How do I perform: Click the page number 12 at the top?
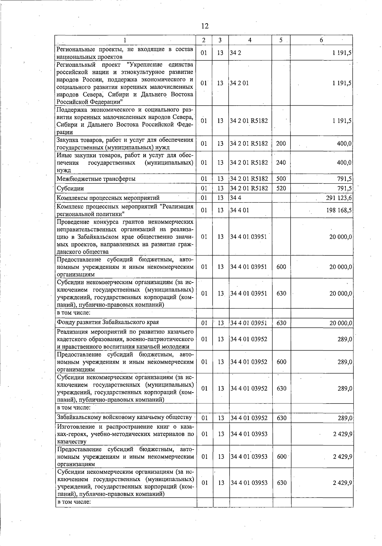click(205, 26)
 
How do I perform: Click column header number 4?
click(250, 40)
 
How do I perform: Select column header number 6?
click(321, 40)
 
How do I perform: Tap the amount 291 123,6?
click(339, 198)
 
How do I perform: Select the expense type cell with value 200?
click(281, 143)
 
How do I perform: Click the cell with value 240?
click(281, 163)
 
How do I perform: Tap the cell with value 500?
click(281, 179)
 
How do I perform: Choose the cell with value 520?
click(281, 188)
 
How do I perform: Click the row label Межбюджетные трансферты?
click(96, 179)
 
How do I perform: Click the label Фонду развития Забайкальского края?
click(108, 322)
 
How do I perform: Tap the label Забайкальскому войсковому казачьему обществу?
click(124, 417)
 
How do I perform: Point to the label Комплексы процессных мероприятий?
click(108, 198)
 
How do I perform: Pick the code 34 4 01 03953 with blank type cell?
click(249, 434)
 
